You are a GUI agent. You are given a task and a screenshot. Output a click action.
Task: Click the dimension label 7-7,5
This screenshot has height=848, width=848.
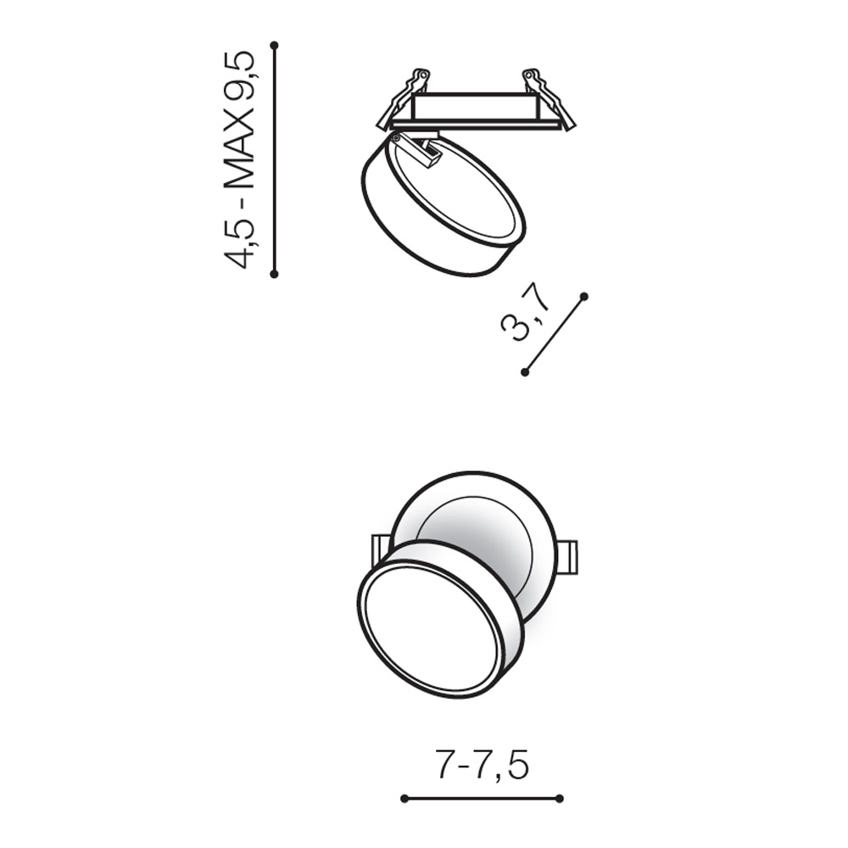pyautogui.click(x=482, y=765)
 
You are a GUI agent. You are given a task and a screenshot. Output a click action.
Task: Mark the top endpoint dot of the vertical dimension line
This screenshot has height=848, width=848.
pyautogui.click(x=274, y=45)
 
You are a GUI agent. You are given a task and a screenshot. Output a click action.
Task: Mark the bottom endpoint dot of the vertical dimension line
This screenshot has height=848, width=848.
pyautogui.click(x=274, y=274)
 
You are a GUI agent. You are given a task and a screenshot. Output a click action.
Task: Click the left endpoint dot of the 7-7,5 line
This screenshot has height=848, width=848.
pyautogui.click(x=404, y=798)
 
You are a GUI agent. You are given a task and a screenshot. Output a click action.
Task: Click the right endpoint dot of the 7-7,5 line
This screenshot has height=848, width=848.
pyautogui.click(x=560, y=798)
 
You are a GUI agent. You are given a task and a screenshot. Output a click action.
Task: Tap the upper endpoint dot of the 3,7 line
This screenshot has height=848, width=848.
pyautogui.click(x=583, y=296)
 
